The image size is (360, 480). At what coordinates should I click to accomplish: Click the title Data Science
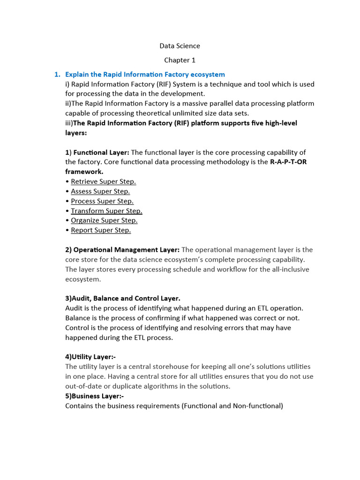(x=180, y=46)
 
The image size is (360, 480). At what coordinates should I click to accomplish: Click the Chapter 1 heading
(x=180, y=60)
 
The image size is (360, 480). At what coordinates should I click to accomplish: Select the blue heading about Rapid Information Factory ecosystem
(x=145, y=75)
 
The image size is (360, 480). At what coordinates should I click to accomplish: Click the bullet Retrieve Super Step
(x=103, y=181)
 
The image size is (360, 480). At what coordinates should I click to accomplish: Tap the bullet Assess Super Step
(x=100, y=191)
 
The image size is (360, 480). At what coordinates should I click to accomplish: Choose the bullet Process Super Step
(x=102, y=201)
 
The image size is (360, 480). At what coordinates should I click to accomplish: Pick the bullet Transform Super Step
(x=106, y=211)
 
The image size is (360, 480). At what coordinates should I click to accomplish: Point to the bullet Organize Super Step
(x=104, y=220)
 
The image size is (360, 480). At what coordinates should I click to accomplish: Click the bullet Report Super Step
(x=101, y=230)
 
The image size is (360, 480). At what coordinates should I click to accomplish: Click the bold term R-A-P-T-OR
(x=289, y=162)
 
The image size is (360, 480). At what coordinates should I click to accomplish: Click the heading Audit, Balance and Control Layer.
(x=123, y=298)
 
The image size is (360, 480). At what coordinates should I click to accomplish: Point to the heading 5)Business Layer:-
(x=94, y=396)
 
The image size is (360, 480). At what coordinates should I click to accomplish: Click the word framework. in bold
(x=84, y=172)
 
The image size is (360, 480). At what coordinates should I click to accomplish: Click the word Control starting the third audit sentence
(x=77, y=328)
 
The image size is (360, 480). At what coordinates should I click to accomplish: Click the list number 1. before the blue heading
(x=58, y=75)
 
